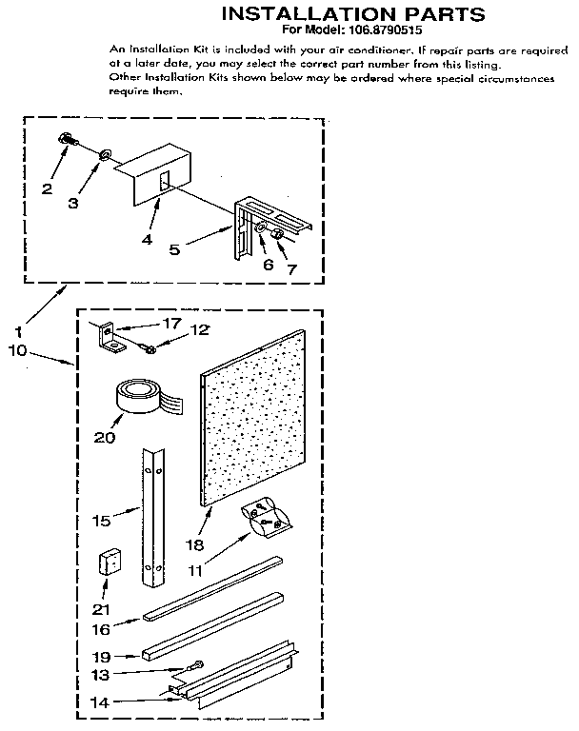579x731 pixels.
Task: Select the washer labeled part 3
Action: pyautogui.click(x=104, y=152)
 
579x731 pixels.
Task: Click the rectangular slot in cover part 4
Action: pyautogui.click(x=164, y=181)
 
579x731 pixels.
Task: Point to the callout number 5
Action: pyautogui.click(x=174, y=249)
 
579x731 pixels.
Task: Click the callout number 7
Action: pyautogui.click(x=292, y=269)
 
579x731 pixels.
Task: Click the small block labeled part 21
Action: pyautogui.click(x=110, y=563)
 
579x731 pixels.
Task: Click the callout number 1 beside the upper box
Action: pyautogui.click(x=18, y=332)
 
